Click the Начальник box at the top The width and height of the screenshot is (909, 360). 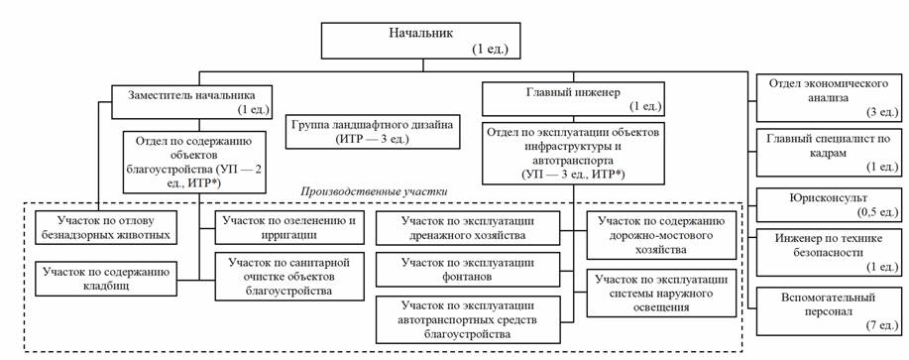tap(420, 41)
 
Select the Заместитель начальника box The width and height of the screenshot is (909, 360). tap(191, 100)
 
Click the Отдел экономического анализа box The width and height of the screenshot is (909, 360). tap(829, 98)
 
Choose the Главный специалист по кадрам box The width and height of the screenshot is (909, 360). tap(829, 153)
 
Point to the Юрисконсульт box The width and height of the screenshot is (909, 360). tap(829, 204)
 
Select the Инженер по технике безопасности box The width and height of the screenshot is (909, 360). tap(829, 253)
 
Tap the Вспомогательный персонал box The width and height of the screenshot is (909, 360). tap(829, 310)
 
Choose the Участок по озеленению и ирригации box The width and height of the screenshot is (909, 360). tap(289, 227)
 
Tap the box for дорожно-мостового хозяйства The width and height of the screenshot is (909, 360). tap(661, 235)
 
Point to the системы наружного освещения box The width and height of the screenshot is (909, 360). tap(661, 293)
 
